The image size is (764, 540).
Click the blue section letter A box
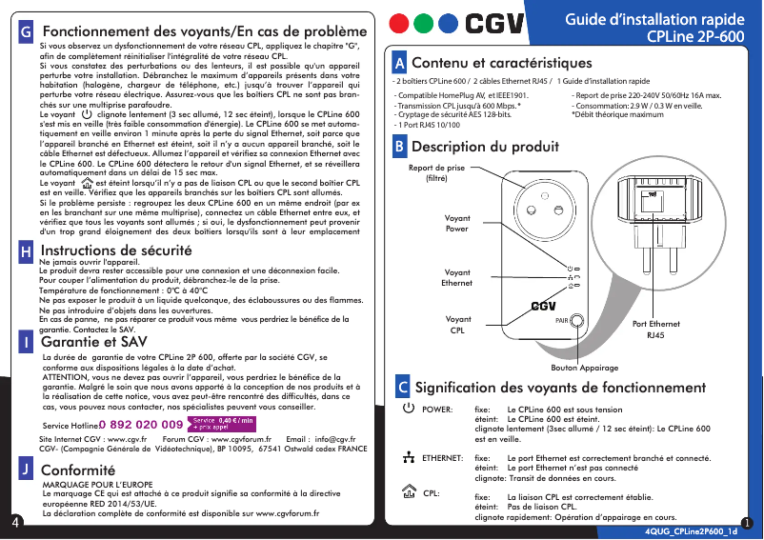400,64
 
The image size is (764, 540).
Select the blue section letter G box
27,31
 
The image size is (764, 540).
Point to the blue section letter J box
27,470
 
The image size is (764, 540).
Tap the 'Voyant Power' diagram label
457,224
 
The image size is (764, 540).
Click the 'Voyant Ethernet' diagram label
457,278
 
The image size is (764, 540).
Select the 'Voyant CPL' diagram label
457,325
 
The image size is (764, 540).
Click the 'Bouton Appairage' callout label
585,368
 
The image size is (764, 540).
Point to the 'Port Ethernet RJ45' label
656,330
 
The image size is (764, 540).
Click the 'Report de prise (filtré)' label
436,172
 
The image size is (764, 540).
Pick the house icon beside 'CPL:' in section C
409,492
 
